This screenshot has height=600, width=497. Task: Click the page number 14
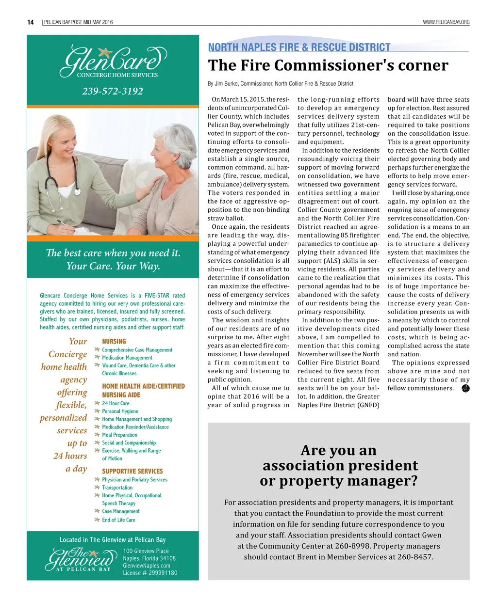(31, 22)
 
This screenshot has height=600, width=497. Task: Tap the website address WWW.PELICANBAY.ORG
(446, 22)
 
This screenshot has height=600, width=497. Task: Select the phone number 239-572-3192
(113, 91)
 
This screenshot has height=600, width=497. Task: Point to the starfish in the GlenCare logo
(104, 51)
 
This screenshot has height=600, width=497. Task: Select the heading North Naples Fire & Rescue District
(299, 47)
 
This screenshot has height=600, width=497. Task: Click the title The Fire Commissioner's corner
(328, 65)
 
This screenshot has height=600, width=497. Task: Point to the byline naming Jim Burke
(281, 83)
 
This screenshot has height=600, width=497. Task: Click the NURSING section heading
(114, 342)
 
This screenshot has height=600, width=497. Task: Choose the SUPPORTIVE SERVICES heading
(133, 471)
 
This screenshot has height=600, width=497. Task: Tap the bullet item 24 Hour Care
(116, 403)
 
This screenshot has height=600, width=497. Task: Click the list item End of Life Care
(118, 520)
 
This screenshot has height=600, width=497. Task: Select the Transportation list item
(117, 488)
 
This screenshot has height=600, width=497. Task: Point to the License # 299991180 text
(150, 573)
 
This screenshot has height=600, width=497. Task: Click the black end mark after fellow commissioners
(465, 388)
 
